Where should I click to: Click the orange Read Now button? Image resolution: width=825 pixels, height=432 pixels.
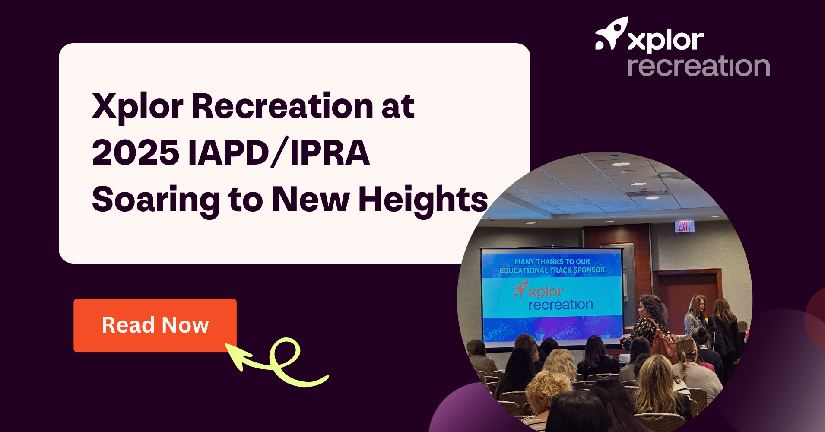click(155, 325)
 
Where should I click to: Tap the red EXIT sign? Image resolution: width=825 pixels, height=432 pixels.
click(684, 226)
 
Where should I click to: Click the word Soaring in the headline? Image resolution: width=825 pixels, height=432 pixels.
click(156, 200)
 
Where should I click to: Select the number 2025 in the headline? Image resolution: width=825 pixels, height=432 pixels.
click(136, 153)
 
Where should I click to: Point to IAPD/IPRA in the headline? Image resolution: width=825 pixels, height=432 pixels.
click(279, 153)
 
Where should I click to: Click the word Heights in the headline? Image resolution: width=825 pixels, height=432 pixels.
click(423, 200)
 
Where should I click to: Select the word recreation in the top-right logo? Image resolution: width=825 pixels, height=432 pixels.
click(698, 67)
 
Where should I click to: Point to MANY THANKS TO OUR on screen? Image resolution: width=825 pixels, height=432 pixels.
click(552, 261)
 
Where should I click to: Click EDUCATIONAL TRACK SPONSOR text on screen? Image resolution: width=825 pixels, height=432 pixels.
click(552, 270)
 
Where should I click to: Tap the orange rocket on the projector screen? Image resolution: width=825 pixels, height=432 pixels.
click(520, 289)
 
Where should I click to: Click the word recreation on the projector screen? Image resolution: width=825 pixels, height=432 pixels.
click(560, 305)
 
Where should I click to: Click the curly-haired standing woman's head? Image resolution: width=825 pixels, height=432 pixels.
click(652, 307)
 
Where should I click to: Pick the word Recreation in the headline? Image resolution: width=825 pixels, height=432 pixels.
click(282, 106)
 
